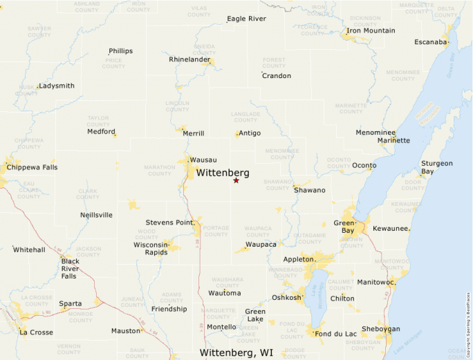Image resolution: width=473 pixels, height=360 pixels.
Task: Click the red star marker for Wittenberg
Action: pos(236,180)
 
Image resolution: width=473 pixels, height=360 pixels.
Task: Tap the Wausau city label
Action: pos(203,160)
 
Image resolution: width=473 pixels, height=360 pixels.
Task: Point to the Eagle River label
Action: pos(246,19)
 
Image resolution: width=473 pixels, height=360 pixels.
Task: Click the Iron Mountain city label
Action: pos(371,30)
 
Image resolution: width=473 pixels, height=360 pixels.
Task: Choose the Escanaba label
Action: pos(431,42)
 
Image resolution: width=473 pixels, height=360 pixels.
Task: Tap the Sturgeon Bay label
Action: pos(436,167)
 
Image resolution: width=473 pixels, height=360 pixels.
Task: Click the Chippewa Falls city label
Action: pos(32,167)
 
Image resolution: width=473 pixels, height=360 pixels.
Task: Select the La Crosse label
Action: pos(36,332)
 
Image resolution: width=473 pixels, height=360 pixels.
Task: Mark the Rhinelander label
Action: pos(189,59)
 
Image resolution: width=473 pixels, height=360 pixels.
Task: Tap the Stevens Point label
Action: pos(169,222)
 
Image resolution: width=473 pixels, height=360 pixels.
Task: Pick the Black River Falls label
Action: pos(69,268)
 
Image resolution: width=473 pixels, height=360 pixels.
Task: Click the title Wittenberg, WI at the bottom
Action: pos(236,352)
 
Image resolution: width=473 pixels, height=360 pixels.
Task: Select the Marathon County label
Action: pos(159,170)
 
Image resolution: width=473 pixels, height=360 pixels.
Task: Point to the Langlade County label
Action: pos(245,117)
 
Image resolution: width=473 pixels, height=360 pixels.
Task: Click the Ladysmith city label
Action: pos(57,86)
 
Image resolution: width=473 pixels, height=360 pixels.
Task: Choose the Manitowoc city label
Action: pos(375,282)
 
